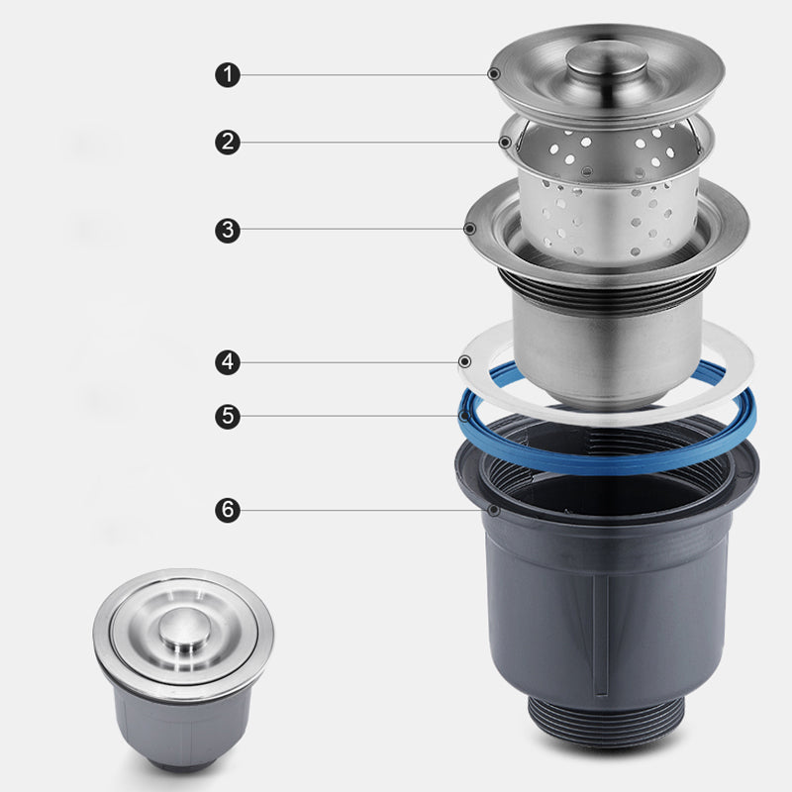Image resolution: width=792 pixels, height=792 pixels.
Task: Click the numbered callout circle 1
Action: point(228,73)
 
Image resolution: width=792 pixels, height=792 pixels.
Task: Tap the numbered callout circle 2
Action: point(228,143)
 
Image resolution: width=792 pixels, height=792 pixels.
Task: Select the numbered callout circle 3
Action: point(228,231)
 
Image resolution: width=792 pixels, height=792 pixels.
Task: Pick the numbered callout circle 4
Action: point(228,362)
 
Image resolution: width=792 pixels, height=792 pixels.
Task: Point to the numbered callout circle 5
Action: point(228,416)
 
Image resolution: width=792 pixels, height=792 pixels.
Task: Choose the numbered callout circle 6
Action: point(228,511)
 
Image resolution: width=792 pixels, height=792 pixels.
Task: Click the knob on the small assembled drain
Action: point(182,630)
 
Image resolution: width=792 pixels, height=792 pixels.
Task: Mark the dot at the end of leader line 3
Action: point(469,229)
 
